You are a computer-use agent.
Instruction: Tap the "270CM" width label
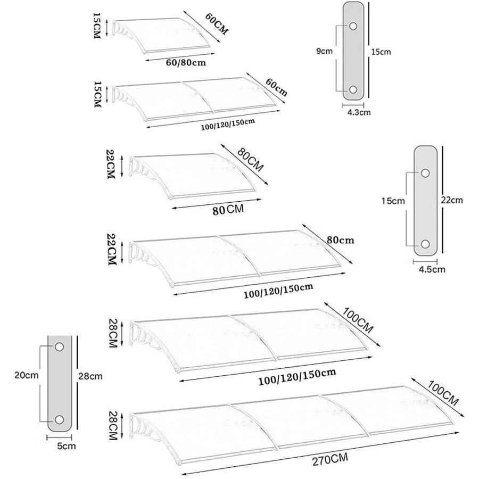pos(328,458)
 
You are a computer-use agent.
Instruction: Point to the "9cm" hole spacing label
pos(324,52)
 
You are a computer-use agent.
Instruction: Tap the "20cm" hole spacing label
pos(26,375)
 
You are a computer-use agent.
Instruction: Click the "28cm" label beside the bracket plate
pos(91,376)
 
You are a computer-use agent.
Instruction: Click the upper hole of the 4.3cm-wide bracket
pos(353,26)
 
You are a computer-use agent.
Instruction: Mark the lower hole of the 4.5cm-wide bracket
pos(425,244)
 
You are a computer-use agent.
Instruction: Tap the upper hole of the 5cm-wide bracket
pos(59,347)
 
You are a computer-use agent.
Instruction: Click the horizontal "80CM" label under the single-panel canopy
pos(228,210)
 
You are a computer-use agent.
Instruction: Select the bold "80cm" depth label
pos(341,240)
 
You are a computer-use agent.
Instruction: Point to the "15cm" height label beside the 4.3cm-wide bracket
pos(381,52)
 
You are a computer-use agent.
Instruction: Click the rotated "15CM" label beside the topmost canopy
pos(96,26)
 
